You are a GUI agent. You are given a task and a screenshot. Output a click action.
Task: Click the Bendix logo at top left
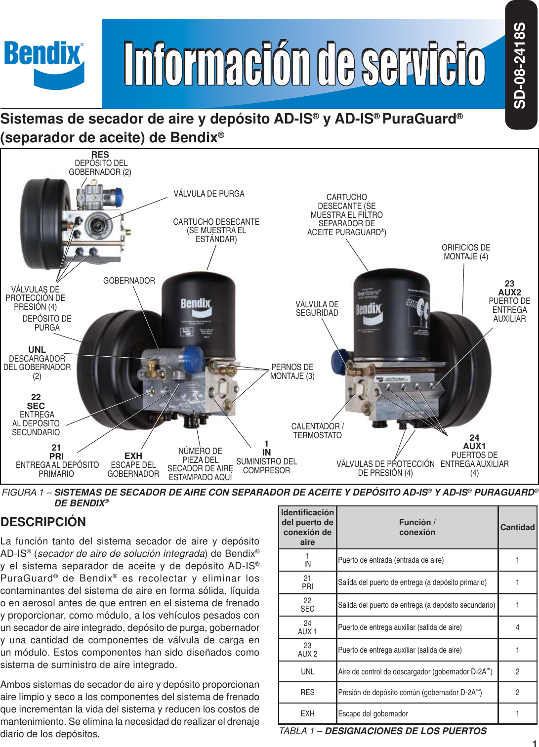click(x=44, y=63)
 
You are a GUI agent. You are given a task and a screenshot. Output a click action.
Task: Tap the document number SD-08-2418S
click(x=520, y=65)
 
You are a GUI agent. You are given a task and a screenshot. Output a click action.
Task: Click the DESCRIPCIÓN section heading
click(x=43, y=522)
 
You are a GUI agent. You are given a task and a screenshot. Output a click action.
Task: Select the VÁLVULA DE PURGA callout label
click(x=208, y=194)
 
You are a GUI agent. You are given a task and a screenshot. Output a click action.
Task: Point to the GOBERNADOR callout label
click(x=129, y=281)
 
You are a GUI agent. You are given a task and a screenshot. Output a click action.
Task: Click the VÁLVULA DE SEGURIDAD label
click(x=317, y=308)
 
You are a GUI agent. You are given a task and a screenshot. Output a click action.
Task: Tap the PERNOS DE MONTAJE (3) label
click(x=292, y=372)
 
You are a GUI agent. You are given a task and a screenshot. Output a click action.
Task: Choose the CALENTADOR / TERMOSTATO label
click(x=317, y=431)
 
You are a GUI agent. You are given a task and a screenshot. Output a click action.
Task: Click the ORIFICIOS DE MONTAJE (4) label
click(x=466, y=252)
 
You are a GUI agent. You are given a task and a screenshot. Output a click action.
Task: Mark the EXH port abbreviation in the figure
click(x=133, y=456)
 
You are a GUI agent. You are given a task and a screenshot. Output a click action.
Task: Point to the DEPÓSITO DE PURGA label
click(x=47, y=323)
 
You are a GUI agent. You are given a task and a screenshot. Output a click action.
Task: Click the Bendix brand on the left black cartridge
click(x=196, y=303)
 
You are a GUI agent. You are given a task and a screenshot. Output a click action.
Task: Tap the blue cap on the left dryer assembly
click(x=193, y=357)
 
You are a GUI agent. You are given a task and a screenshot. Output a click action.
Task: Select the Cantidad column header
click(x=517, y=527)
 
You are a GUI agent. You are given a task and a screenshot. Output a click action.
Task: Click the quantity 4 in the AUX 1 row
click(x=517, y=627)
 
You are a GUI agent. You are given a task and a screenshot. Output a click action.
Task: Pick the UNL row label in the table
click(x=307, y=671)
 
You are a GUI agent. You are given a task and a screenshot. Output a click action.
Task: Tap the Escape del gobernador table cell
click(x=373, y=713)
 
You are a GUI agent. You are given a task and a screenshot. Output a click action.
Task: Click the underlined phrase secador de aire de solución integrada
click(x=121, y=553)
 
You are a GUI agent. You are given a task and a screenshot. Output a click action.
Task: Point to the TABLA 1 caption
click(x=383, y=731)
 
